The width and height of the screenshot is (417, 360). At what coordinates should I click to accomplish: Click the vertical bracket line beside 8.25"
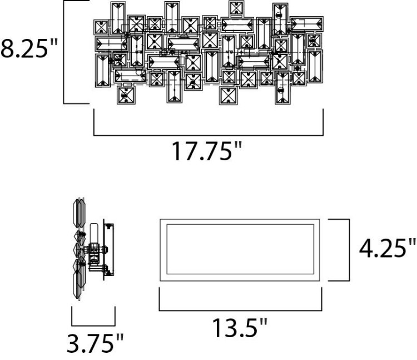[x=65, y=52]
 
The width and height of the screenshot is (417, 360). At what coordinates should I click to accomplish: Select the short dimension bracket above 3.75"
[x=93, y=324]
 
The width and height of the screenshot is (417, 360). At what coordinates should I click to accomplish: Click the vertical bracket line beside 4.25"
[x=349, y=250]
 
